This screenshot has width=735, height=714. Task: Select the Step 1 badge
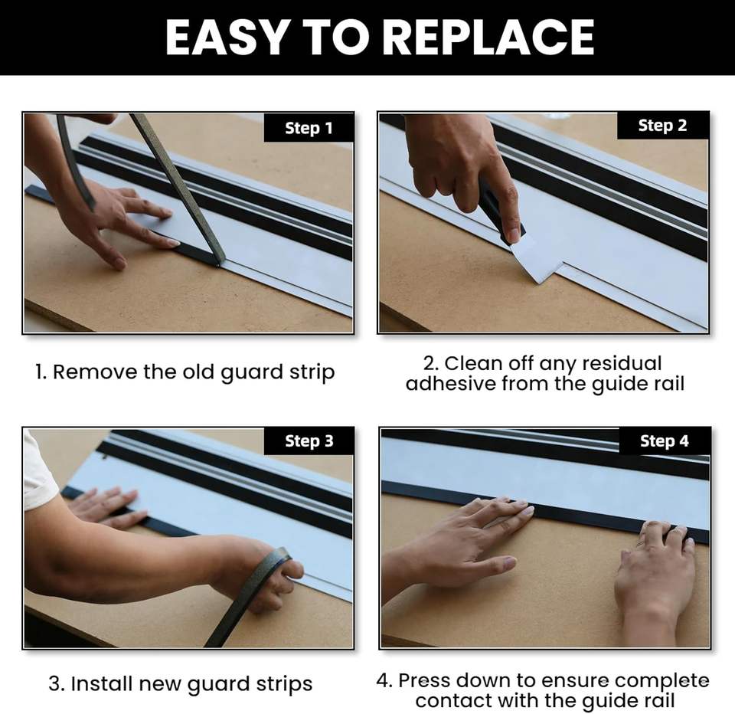(309, 128)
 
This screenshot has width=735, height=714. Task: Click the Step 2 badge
(662, 125)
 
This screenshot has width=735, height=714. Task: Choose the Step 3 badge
(309, 441)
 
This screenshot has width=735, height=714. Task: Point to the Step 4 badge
(665, 441)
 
